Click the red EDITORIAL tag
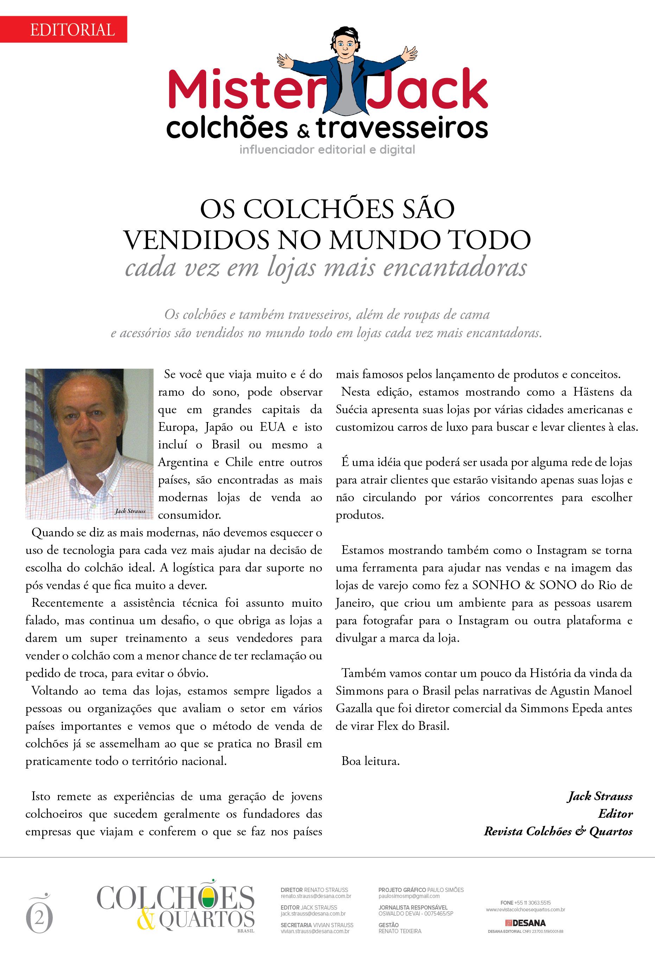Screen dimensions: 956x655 pos(72,30)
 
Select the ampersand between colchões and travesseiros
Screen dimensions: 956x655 pos(303,131)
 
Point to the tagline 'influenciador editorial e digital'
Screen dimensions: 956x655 pos(327,150)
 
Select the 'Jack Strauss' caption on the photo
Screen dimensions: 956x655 pos(130,511)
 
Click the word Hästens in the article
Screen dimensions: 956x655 pos(592,392)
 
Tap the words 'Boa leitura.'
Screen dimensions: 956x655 pos(370,761)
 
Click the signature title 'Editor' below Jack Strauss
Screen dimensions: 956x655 pos(615,814)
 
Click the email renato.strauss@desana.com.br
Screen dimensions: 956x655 pos(316,896)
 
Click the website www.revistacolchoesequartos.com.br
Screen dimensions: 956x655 pos(526,910)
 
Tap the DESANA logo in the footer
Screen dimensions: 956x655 pos(526,923)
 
